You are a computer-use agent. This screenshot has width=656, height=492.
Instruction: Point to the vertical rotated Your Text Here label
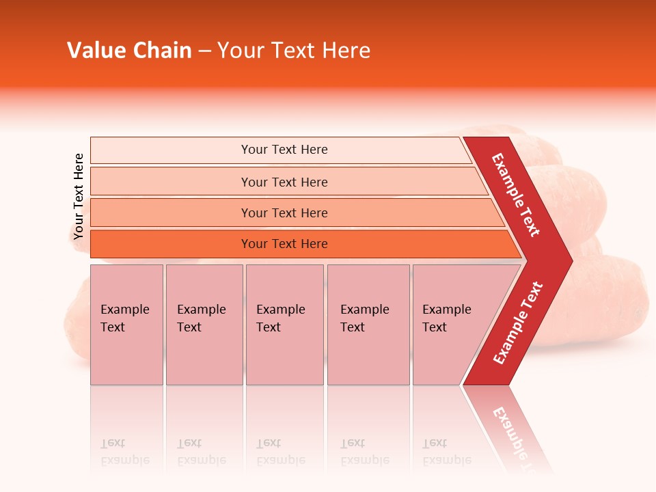pyautogui.click(x=79, y=196)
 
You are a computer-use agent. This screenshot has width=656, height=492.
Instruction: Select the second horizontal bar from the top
pyautogui.click(x=284, y=182)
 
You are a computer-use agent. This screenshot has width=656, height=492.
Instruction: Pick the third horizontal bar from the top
pyautogui.click(x=284, y=213)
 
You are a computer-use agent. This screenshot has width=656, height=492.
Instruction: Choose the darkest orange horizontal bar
pyautogui.click(x=284, y=244)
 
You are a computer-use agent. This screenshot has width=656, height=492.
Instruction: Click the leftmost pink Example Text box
pyautogui.click(x=126, y=325)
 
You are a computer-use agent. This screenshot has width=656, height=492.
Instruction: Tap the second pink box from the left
pyautogui.click(x=204, y=325)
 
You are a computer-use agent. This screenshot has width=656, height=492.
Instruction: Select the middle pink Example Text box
pyautogui.click(x=284, y=325)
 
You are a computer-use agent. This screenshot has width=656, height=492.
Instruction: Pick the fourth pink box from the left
pyautogui.click(x=368, y=325)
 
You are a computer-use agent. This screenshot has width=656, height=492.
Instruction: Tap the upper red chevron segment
pyautogui.click(x=516, y=195)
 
